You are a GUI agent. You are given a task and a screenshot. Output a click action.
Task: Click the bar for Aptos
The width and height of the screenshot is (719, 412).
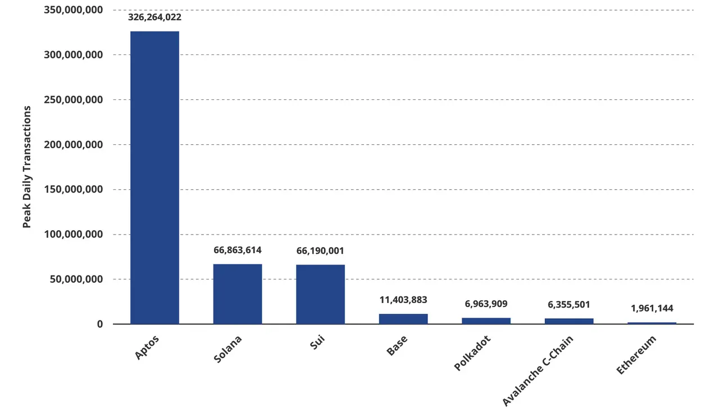point(154,177)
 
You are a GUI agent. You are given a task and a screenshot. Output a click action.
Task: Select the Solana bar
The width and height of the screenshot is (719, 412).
point(238,294)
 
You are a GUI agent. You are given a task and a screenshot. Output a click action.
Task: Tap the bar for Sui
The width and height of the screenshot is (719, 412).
point(320,294)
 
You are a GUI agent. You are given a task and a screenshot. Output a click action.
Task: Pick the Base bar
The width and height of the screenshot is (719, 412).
point(403,319)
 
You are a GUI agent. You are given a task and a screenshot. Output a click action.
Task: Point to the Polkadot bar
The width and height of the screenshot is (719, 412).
point(486,321)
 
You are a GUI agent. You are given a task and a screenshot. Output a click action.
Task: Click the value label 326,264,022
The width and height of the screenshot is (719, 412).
point(154,17)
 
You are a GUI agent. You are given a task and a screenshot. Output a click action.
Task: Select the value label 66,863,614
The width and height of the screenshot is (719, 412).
point(238,250)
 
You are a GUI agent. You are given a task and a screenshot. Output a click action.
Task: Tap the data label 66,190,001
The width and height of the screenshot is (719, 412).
point(320,250)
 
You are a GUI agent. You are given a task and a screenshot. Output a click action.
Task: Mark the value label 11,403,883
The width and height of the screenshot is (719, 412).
point(403,300)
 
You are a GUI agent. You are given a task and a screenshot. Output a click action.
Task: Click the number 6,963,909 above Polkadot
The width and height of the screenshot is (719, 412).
point(486,304)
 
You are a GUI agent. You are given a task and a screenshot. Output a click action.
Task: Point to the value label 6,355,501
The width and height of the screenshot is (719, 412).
point(569,304)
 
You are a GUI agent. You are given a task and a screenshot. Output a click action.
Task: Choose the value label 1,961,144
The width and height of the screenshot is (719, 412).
point(652,308)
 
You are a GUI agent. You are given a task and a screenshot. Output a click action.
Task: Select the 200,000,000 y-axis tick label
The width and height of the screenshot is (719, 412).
point(74,145)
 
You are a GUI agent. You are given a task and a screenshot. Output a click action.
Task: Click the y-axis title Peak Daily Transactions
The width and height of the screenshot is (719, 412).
point(27,167)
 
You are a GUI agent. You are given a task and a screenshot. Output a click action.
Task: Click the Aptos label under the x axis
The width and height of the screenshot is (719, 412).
point(147,348)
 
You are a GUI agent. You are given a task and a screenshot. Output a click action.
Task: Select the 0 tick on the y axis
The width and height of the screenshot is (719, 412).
point(99,324)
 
